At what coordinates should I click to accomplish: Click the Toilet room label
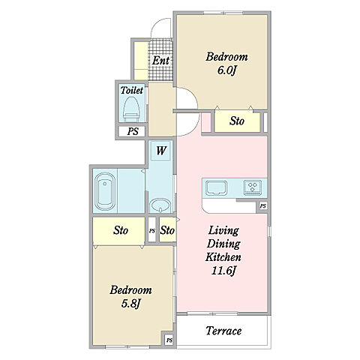point(132,90)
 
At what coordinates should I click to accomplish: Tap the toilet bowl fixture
point(132,109)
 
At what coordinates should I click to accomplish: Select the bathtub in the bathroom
point(105,191)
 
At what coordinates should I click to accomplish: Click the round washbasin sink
point(160,205)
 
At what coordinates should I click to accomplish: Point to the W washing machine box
point(161,151)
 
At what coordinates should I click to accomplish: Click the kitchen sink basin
point(217,187)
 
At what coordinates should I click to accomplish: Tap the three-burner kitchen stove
point(253,187)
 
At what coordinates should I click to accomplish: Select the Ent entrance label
point(160,61)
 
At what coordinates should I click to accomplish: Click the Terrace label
point(223,331)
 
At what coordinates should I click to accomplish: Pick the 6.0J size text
point(226,70)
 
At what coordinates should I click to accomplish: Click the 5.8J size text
point(130,304)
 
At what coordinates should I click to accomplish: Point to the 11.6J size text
point(223,271)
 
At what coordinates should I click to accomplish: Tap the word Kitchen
point(223,257)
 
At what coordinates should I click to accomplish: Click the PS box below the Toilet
point(132,131)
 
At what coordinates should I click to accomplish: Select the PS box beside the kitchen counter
point(262,206)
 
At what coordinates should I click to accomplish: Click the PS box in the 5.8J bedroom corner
point(169,340)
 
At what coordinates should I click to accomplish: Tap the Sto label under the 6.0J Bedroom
point(237,121)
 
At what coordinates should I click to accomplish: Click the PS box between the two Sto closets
point(152,230)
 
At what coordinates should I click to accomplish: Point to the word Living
point(223,230)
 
